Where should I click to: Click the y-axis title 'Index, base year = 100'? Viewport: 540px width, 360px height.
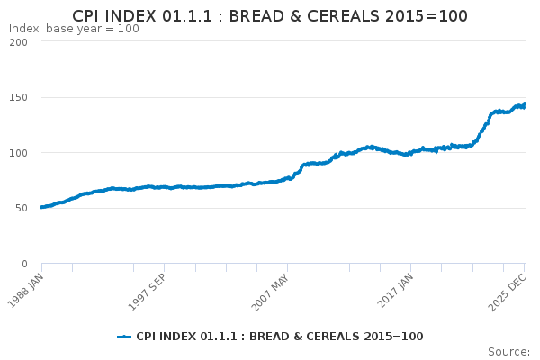coord(74,29)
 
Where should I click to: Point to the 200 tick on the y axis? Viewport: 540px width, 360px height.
coord(18,42)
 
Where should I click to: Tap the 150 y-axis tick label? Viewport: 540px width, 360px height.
coord(18,98)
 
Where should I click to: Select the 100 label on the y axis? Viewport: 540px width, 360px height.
coord(18,153)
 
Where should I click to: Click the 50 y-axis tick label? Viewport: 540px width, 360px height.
coord(22,209)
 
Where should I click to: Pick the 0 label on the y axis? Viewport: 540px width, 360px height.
coord(24,264)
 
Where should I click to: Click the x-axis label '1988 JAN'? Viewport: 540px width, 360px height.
coord(26,291)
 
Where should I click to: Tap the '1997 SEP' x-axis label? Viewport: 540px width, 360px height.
coord(148,292)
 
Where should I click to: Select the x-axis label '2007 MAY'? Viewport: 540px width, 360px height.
coord(270,292)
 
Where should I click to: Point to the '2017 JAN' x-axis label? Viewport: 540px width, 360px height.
coord(395,291)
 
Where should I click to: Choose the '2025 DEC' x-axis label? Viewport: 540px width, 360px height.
coord(508,292)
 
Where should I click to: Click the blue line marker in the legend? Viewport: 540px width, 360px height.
coord(124,337)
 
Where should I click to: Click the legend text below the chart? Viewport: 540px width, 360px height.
coord(280,337)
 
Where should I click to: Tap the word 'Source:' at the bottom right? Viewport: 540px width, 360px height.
coord(509,352)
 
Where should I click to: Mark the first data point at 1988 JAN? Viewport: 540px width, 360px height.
coord(41,207)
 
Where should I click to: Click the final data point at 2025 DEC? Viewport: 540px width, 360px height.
coord(525,103)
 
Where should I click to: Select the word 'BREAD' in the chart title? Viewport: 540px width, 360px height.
coord(257,16)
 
